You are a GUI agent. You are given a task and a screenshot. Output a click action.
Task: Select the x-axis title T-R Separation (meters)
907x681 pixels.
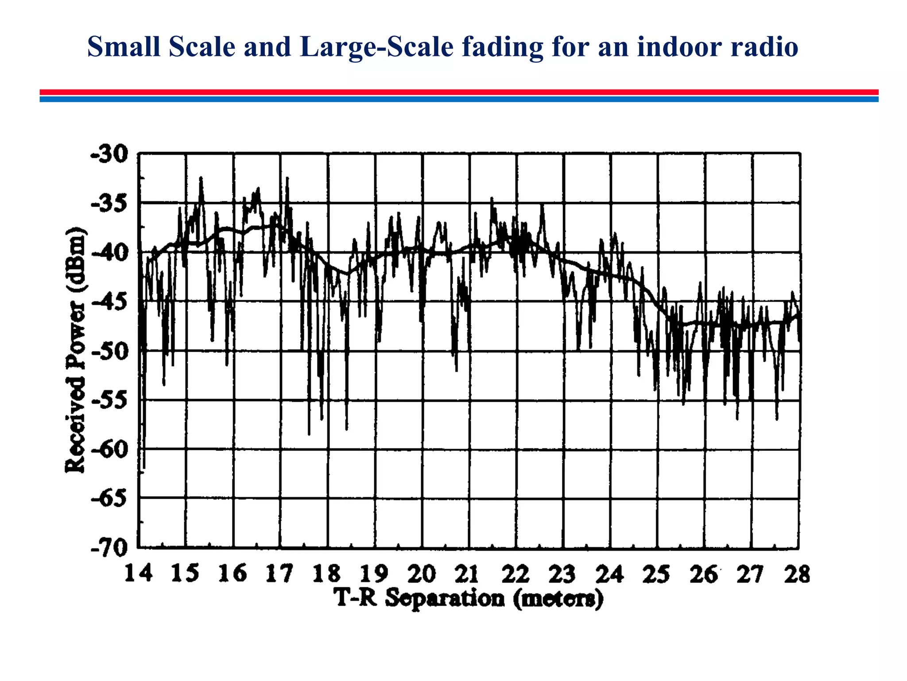click(x=469, y=599)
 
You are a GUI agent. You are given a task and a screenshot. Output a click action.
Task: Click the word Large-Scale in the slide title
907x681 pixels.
click(x=376, y=47)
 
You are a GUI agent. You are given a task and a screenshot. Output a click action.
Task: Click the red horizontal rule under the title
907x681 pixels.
click(x=459, y=92)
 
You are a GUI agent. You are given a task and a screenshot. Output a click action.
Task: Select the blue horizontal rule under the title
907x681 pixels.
click(x=459, y=99)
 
